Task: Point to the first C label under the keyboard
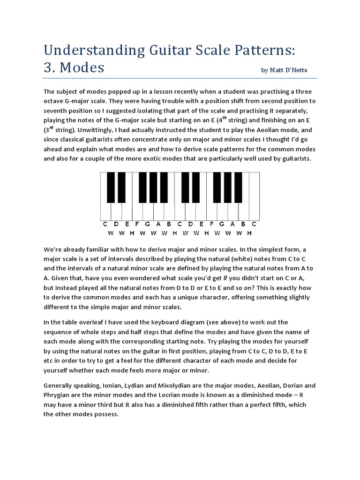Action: coord(105,224)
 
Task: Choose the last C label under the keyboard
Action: coord(254,224)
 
